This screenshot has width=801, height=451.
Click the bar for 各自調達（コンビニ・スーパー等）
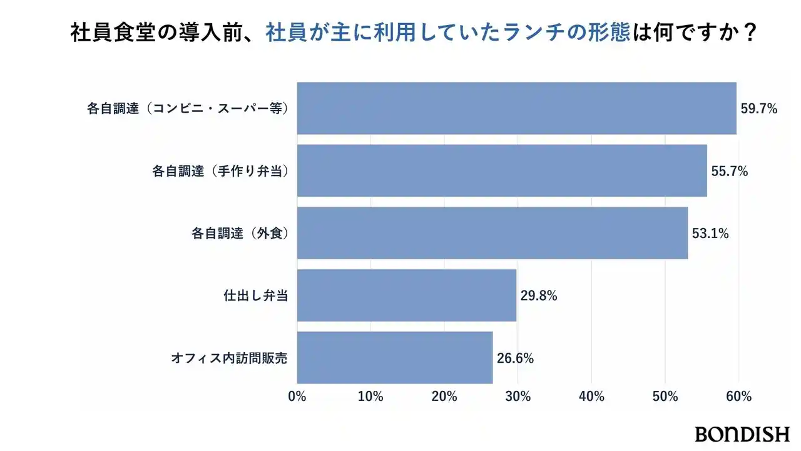coord(516,108)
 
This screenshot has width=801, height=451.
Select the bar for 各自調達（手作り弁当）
coord(502,170)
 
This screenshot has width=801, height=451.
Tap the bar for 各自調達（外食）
coord(492,233)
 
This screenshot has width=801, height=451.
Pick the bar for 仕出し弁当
coord(407,296)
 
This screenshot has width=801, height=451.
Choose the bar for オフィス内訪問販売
coord(395,358)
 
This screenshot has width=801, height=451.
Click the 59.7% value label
coord(759,109)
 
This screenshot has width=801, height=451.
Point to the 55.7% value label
coord(730,171)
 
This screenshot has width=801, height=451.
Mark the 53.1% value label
coord(710,234)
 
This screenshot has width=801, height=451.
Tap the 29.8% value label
coord(539,296)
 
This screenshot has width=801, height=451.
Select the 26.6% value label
coord(515,358)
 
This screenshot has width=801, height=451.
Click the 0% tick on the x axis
coord(297,397)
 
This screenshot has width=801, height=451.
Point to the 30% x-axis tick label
coord(518,397)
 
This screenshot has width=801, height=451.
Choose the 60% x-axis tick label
coord(738,397)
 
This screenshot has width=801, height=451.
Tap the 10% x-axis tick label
coord(370,397)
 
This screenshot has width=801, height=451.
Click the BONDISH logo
coord(742,433)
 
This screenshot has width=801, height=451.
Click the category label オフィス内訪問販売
coord(229,358)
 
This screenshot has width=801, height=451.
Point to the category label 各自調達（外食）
coord(239,234)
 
